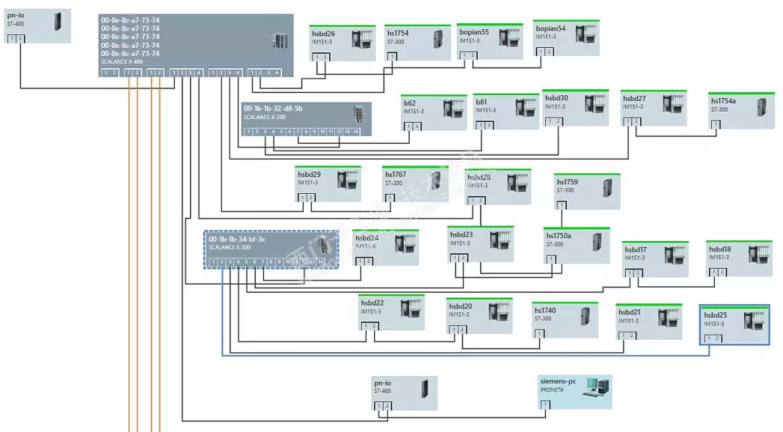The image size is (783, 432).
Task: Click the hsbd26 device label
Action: point(323,33)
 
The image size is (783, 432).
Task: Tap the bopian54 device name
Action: point(550,28)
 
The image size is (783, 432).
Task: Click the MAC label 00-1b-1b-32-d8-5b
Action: point(273,108)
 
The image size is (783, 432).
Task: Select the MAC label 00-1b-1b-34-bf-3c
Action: point(237,239)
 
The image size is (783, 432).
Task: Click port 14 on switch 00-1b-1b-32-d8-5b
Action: point(355,131)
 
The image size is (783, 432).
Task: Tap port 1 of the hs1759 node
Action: point(562,205)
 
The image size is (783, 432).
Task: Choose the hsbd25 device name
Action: point(715,315)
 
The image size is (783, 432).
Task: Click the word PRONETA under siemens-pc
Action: point(552,389)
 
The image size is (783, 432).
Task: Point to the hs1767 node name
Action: point(396,174)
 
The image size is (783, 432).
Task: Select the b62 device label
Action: point(410,103)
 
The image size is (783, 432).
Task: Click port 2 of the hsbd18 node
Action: point(721,272)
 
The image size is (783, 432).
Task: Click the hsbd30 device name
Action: point(556,98)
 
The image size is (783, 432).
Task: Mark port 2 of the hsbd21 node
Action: point(632,335)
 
